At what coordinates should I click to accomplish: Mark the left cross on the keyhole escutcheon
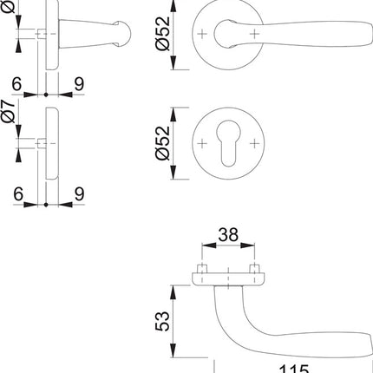pos(202,141)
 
